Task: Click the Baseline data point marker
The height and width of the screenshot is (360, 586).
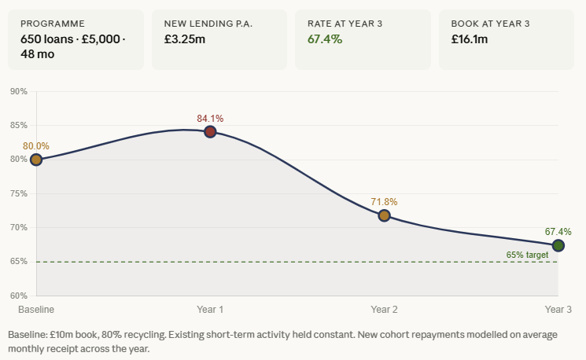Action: (x=35, y=160)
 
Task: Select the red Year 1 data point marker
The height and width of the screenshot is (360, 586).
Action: (x=210, y=131)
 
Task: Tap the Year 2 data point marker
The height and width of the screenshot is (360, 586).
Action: (x=384, y=215)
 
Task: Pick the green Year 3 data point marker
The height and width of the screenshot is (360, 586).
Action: (x=558, y=245)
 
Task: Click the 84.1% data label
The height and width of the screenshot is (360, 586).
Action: (x=210, y=119)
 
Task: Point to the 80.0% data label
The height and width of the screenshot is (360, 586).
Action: (x=36, y=146)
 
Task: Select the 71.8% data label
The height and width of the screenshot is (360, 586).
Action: (x=384, y=202)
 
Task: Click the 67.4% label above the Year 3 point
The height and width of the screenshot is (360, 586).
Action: (x=558, y=232)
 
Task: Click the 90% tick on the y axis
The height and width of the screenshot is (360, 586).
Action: (x=19, y=92)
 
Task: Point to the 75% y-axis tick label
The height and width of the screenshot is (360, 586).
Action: (x=19, y=193)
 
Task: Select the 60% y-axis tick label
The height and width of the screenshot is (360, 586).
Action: (x=19, y=296)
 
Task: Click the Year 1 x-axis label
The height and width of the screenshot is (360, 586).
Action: (x=210, y=310)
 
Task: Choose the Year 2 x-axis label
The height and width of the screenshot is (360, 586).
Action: (x=384, y=310)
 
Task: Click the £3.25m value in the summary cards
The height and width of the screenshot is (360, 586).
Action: (x=185, y=39)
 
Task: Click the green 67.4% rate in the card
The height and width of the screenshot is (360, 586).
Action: (x=325, y=39)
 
